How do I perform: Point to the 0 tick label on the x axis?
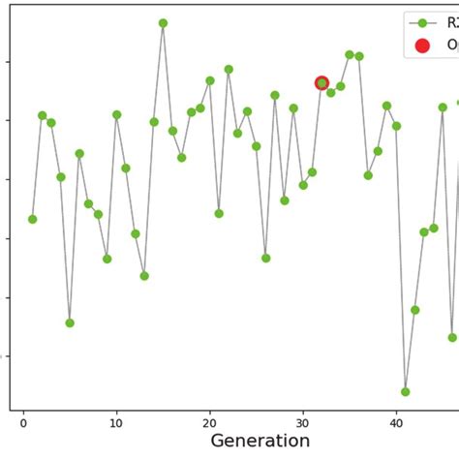coord(23,422)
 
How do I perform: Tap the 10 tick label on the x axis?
coord(116,422)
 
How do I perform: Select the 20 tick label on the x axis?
coord(209,422)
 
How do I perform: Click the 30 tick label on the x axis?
coord(302,422)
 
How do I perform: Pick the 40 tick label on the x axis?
coord(395,422)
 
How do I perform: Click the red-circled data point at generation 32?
coord(321,83)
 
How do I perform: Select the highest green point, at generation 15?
coord(163,23)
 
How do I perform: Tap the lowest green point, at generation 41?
coord(406,392)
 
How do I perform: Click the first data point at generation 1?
coord(33,219)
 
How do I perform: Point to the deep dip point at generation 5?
coord(70,322)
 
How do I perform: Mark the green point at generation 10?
coord(116,114)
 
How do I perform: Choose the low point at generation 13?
coord(144,276)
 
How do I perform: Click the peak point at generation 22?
coord(229,70)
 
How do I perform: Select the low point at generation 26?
coord(266,259)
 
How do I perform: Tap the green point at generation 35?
coord(350,55)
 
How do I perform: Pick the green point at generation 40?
coord(396,126)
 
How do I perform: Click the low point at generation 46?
coord(452,338)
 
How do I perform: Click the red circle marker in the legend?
coord(422,45)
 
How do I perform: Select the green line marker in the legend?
coord(422,22)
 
